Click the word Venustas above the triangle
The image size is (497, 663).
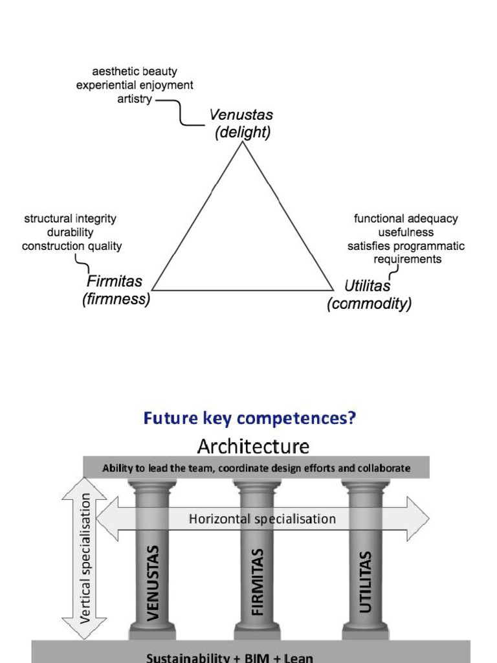[241, 115]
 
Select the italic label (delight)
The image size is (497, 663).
[243, 132]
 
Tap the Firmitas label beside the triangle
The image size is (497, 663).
[115, 281]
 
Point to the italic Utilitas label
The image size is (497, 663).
[368, 286]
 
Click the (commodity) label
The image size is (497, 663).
[370, 304]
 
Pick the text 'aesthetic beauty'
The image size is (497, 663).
[135, 71]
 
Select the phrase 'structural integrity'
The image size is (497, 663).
[70, 219]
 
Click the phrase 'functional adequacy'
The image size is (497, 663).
[406, 219]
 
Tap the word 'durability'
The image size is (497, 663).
[70, 232]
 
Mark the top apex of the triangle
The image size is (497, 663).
[243, 142]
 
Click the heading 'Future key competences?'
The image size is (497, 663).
[250, 418]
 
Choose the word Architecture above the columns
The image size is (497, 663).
[253, 447]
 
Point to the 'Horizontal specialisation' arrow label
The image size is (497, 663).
[262, 519]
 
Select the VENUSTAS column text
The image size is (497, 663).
[153, 583]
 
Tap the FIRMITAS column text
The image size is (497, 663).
[258, 582]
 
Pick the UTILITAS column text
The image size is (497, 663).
[365, 582]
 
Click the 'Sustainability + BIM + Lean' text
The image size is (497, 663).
[230, 658]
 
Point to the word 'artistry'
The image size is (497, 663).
[135, 99]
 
